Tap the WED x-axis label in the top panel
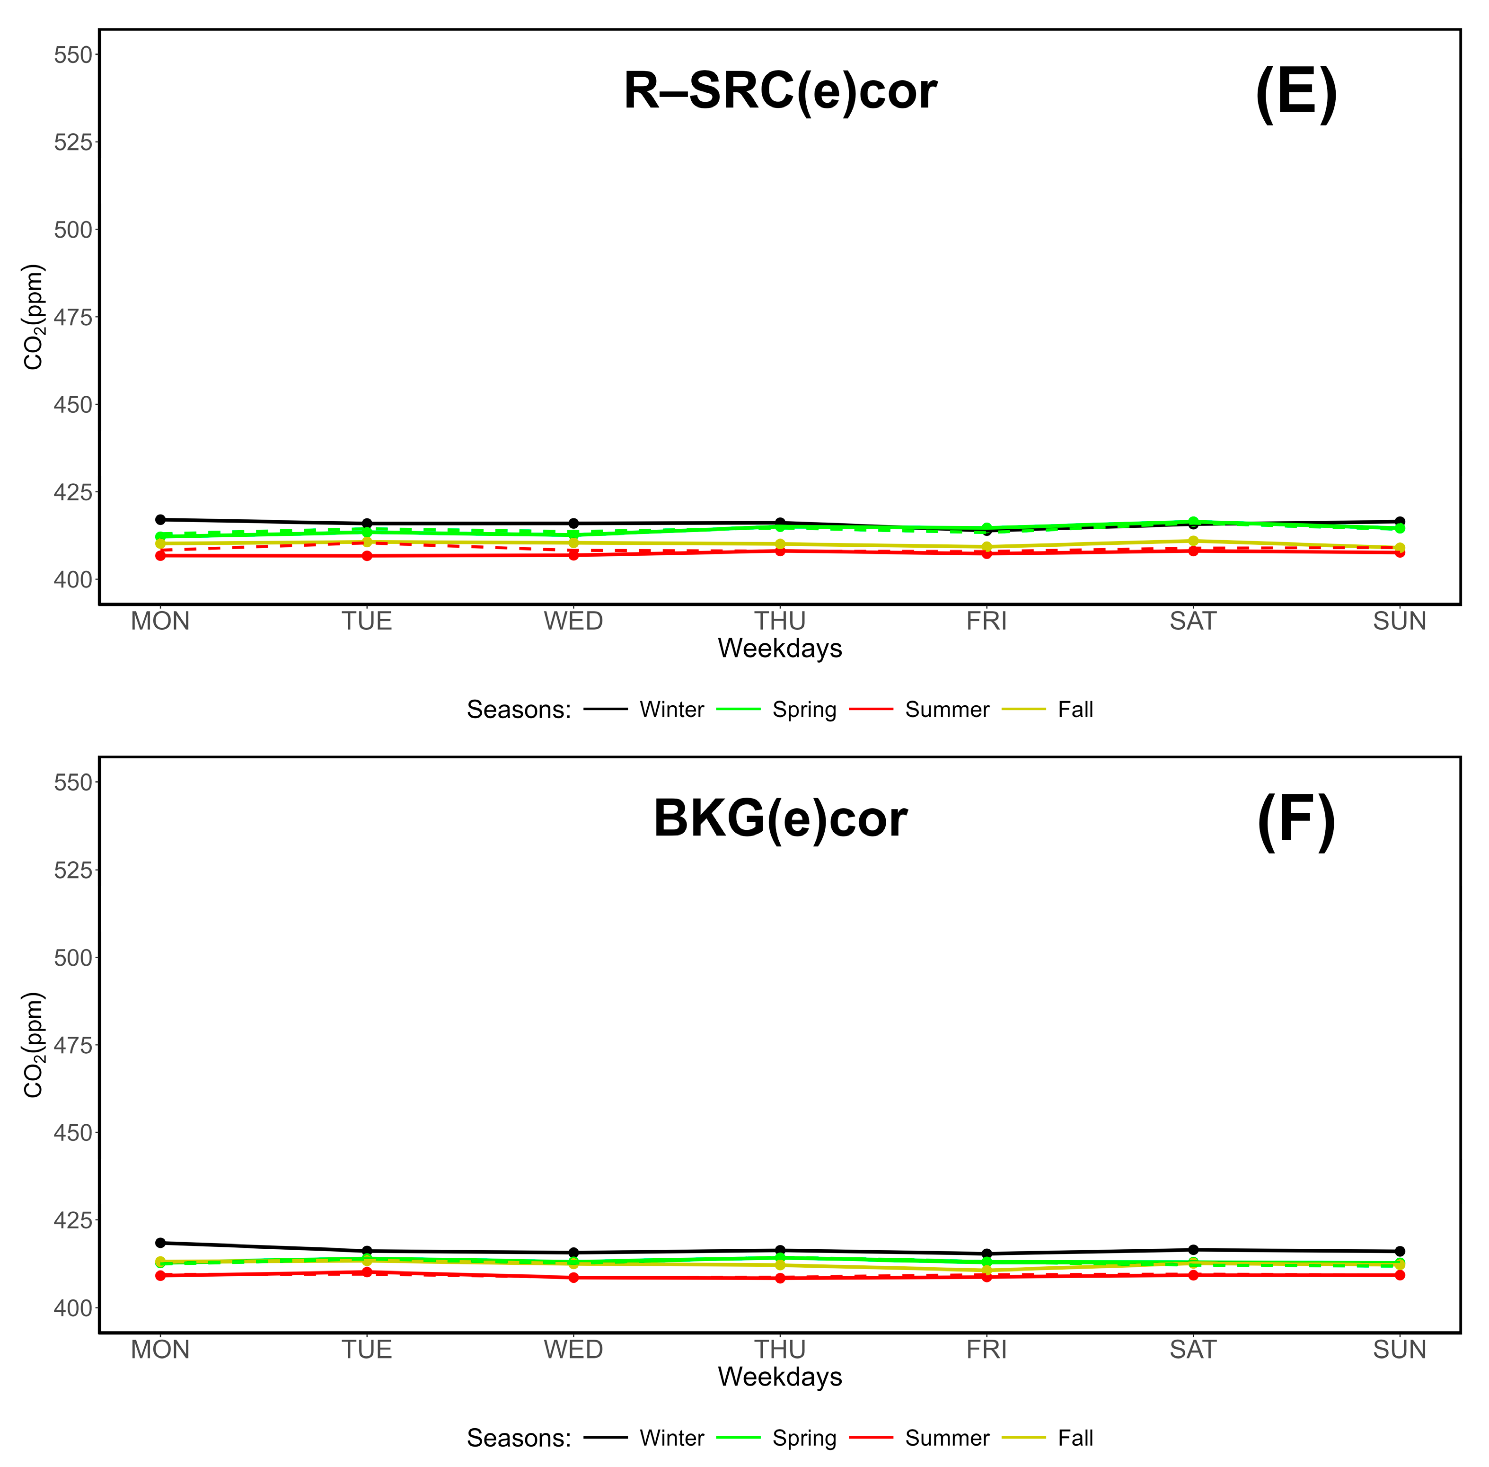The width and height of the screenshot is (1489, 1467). tap(573, 621)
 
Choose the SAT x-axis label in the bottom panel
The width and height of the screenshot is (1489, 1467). tap(1192, 1349)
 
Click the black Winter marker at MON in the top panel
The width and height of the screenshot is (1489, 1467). tap(160, 519)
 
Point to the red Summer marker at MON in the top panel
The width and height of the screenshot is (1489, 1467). tap(160, 556)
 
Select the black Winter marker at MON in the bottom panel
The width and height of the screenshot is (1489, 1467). tap(160, 1243)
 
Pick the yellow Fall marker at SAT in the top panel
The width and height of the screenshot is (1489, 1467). tap(1192, 541)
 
